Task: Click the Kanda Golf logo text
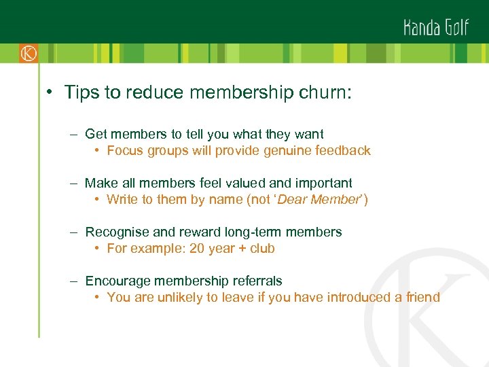click(x=437, y=28)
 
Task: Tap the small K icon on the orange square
click(x=28, y=53)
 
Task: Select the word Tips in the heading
click(x=82, y=92)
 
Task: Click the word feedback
click(x=342, y=151)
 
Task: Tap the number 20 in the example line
click(x=197, y=248)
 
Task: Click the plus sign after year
click(x=242, y=248)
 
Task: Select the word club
click(x=262, y=248)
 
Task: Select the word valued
click(x=249, y=183)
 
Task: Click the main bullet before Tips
click(x=50, y=93)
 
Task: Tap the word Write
click(x=122, y=199)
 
